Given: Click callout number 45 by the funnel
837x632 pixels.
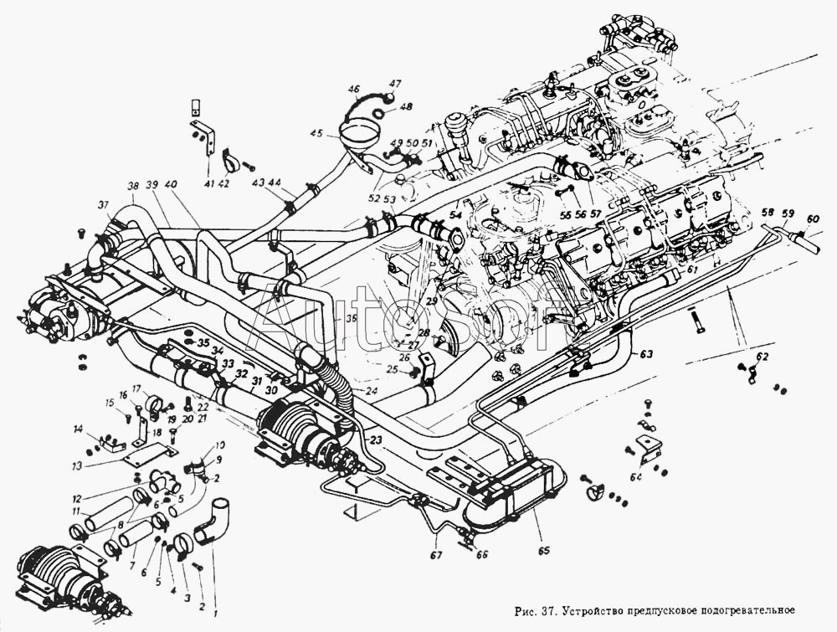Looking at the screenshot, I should click(x=316, y=133).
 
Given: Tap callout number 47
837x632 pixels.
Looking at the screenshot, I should click(x=395, y=84).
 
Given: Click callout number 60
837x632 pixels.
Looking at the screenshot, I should click(x=812, y=219).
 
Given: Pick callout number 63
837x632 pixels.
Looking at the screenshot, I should click(x=646, y=354).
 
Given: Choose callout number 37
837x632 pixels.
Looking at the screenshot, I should click(x=103, y=205).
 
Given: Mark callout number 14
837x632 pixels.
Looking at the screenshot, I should click(x=78, y=430).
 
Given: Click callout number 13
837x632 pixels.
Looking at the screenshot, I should click(x=77, y=466).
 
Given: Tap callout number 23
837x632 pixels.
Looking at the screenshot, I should click(x=375, y=439).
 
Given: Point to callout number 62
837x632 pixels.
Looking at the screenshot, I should click(x=760, y=357).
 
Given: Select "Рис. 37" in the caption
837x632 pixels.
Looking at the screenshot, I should click(x=537, y=610).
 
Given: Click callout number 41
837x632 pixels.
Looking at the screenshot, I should click(x=208, y=183).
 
